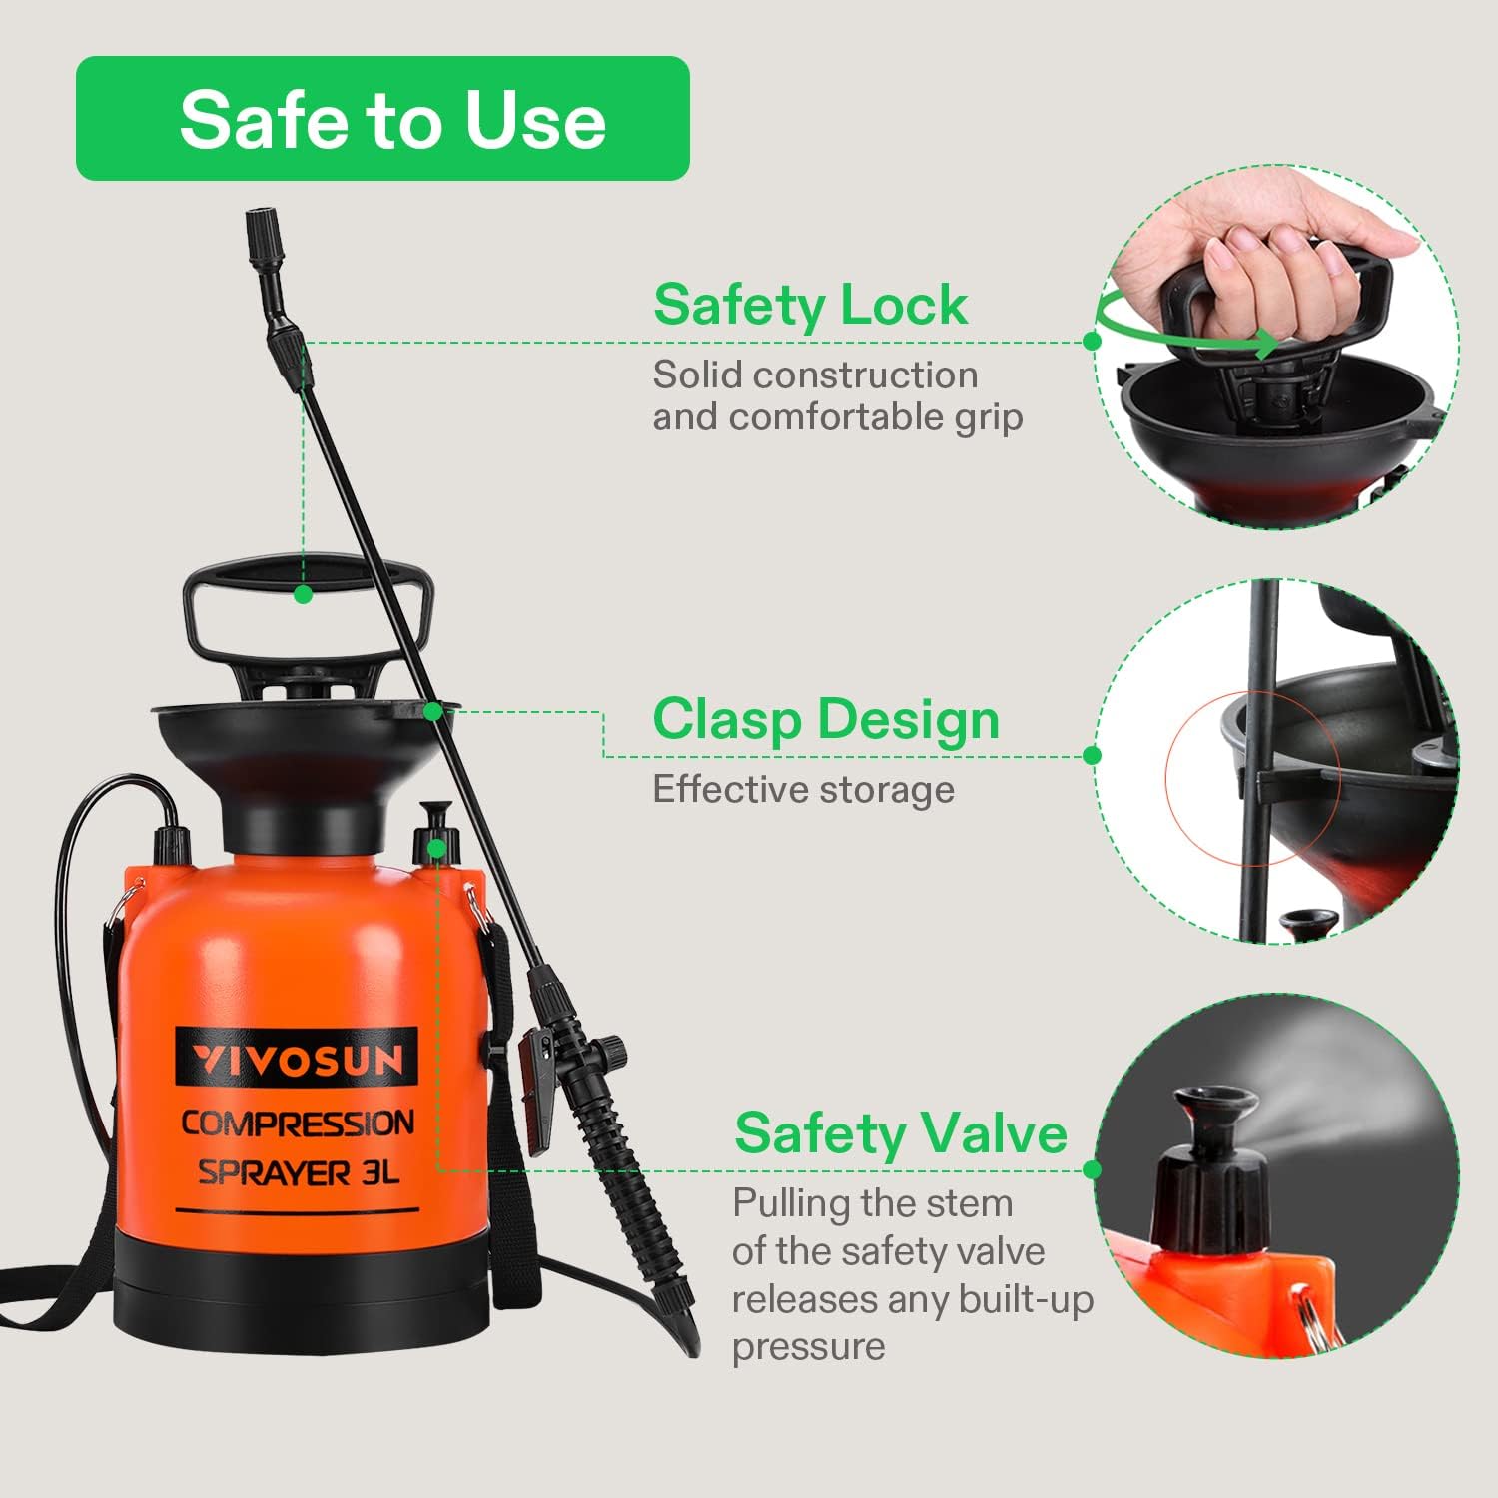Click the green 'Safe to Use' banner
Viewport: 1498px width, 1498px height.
tap(382, 118)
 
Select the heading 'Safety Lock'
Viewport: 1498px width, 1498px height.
tap(810, 305)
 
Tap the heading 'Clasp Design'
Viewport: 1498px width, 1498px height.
tap(826, 719)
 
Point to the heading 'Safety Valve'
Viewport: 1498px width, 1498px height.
tap(901, 1133)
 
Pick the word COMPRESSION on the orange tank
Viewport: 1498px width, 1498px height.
tap(298, 1123)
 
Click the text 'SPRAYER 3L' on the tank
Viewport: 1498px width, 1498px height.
tap(298, 1172)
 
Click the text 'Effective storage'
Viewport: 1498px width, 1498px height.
tap(804, 790)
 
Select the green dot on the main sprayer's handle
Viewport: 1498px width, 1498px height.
tap(304, 594)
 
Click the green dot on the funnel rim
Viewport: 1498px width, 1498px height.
tap(432, 711)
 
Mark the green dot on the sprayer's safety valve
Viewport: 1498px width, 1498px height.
tap(436, 849)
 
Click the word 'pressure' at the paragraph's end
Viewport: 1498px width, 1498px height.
tap(809, 1347)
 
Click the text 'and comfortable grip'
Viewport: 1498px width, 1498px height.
tap(838, 417)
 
